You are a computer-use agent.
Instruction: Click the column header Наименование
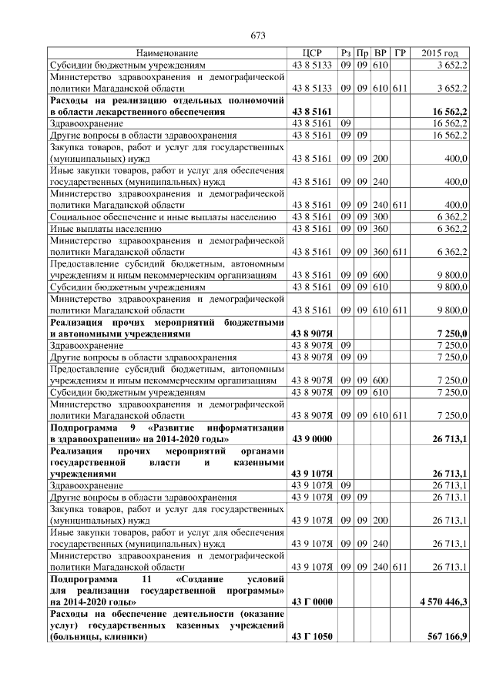(167, 53)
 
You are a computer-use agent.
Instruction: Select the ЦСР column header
(312, 53)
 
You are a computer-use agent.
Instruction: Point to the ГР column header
(399, 53)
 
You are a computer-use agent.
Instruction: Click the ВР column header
(381, 53)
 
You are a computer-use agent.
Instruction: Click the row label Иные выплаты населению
(106, 229)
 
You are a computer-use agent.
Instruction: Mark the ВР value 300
(381, 218)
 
